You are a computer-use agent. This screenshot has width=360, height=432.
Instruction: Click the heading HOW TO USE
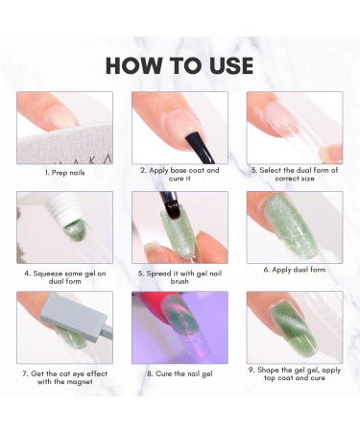pos(180,64)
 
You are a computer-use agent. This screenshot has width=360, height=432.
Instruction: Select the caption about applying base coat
pos(180,175)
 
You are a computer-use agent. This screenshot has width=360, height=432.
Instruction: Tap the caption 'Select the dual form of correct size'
pos(295,175)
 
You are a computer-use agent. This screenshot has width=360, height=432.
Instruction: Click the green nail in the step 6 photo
pos(288,230)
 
